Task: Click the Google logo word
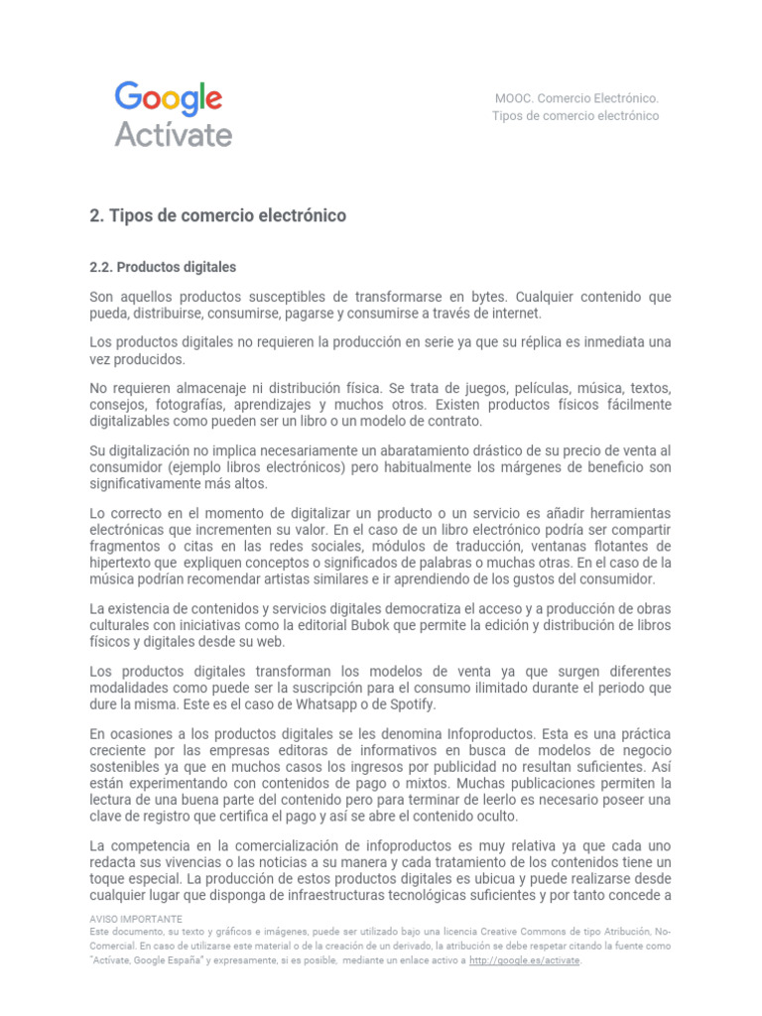[169, 98]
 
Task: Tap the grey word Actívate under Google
[174, 134]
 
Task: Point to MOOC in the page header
[515, 98]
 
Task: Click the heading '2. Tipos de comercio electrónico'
[217, 215]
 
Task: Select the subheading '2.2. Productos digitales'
[163, 267]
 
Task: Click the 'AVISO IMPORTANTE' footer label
[136, 919]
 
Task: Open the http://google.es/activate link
[524, 960]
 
